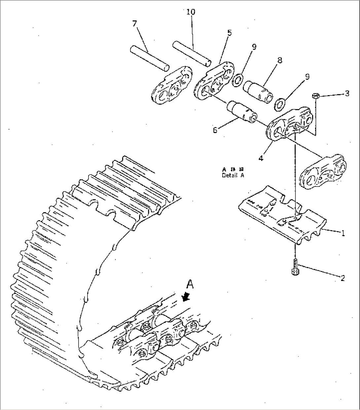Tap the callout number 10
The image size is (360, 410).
pos(191,12)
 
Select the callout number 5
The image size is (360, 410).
pos(229,33)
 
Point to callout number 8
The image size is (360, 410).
pos(279,60)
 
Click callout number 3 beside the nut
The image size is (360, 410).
pos(347,94)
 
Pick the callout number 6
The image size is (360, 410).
pos(215,130)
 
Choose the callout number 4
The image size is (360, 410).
pos(261,158)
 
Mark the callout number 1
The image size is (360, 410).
pos(343,233)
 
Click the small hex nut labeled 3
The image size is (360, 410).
pos(315,96)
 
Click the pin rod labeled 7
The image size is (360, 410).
pos(149,57)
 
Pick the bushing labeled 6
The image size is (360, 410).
pos(241,112)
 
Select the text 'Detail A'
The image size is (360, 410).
pos(233,176)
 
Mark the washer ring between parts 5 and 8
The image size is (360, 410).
pos(237,80)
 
